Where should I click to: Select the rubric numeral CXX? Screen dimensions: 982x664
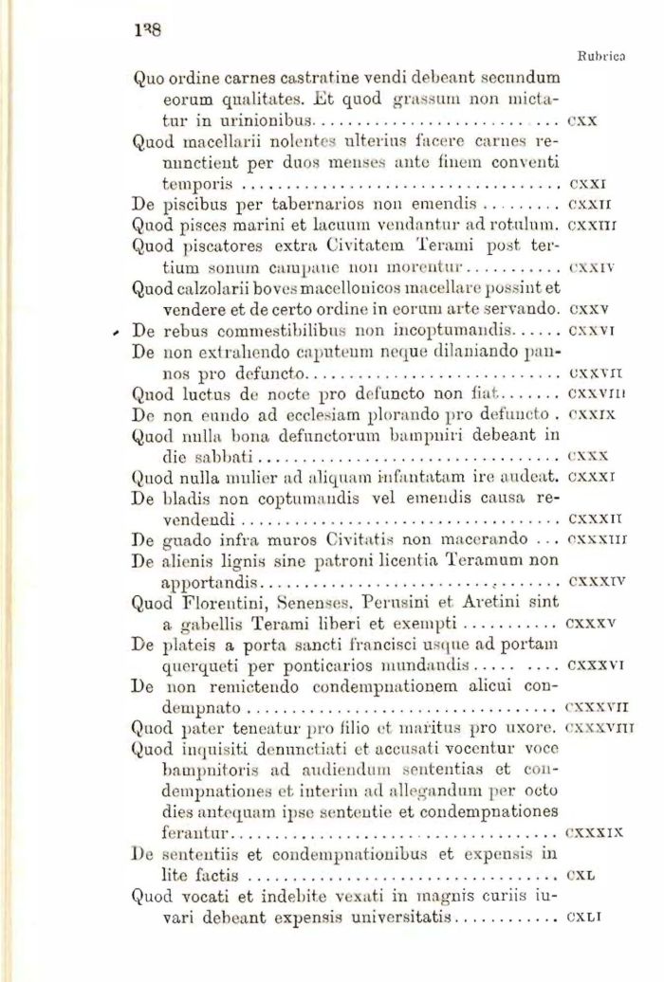(x=580, y=121)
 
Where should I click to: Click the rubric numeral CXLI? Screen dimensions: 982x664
(x=582, y=917)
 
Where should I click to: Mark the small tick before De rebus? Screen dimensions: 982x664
(x=115, y=333)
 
